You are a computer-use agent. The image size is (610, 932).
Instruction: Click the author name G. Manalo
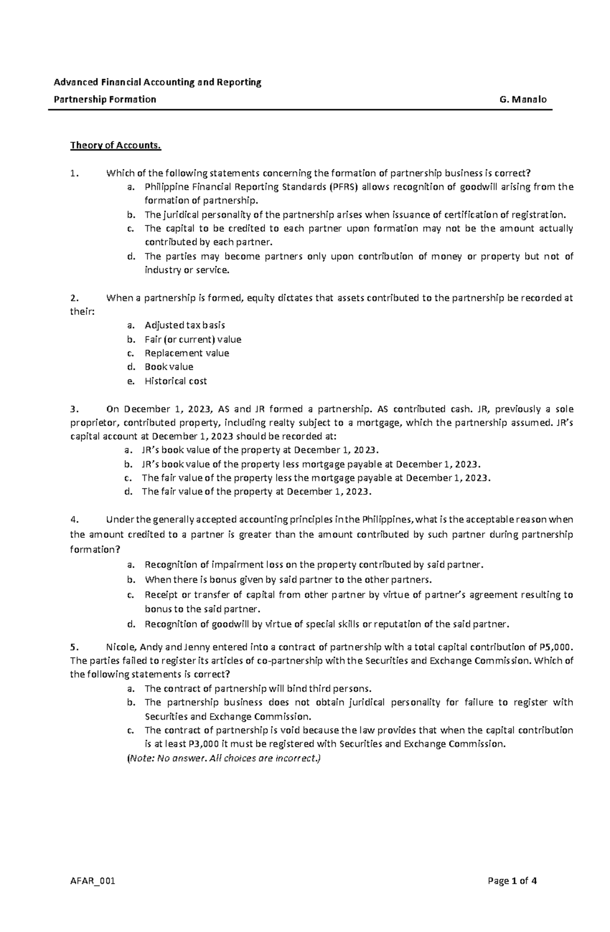coord(523,100)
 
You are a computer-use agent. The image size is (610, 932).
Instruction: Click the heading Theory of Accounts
coord(115,146)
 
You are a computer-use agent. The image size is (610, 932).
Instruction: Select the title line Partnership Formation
coord(105,100)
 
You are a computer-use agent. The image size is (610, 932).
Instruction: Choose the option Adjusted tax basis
coord(185,326)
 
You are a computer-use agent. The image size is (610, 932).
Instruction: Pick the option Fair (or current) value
coord(193,339)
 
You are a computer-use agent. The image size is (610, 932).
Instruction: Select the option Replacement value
coord(187,353)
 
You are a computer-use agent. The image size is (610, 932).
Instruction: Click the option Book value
coord(169,367)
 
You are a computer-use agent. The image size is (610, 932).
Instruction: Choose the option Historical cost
coord(175,381)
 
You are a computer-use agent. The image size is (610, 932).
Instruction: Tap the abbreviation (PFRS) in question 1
coord(344,187)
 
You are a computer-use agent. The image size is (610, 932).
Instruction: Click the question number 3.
coord(73,409)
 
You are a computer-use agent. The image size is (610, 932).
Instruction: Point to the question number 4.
coord(73,520)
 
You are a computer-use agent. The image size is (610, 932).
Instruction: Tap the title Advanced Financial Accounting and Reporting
coord(158,82)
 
